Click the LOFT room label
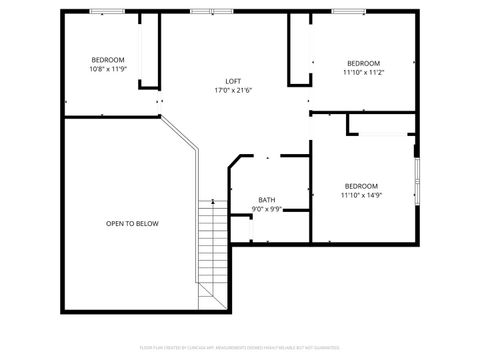coord(232,81)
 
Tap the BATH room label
coord(267,199)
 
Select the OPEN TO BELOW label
coord(132,223)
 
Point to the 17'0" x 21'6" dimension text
coord(232,91)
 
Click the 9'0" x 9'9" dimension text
coord(267,209)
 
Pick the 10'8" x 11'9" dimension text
coord(108,70)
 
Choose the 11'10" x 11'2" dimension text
coord(364,72)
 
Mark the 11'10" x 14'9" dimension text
coord(361,195)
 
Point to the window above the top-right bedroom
coord(347,11)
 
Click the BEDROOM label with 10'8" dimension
coord(108,60)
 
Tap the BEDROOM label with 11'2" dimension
coord(364,62)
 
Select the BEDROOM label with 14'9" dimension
coord(361,185)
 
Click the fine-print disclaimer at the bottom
coord(240,348)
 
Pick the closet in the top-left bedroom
coord(149,50)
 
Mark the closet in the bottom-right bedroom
coord(380,124)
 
